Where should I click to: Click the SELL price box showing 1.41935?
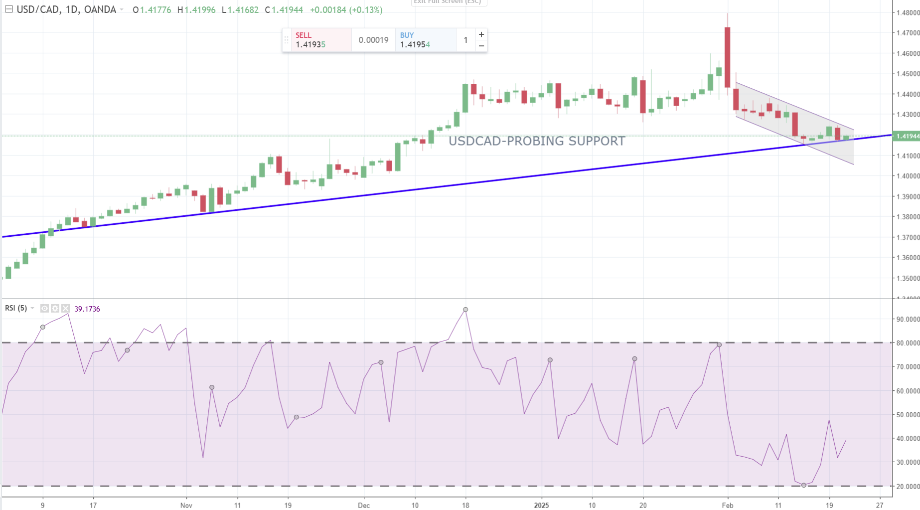pos(321,40)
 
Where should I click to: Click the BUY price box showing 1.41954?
pos(425,40)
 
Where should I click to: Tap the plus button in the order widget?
pos(481,34)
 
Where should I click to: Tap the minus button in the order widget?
pos(481,46)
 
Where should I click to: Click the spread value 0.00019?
pos(373,40)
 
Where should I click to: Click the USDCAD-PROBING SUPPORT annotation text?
pos(536,141)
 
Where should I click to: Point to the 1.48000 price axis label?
pos(908,12)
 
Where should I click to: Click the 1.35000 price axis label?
pos(908,278)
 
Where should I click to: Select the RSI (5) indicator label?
pos(16,308)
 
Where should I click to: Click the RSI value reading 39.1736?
pos(87,309)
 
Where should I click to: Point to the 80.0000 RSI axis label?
pos(908,343)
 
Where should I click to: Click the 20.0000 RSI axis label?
pos(908,487)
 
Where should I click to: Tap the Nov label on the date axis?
pos(186,505)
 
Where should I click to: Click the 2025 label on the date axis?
pos(541,505)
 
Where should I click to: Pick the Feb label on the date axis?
pos(728,505)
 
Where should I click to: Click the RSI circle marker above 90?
pos(465,310)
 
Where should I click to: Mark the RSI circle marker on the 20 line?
pos(804,485)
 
